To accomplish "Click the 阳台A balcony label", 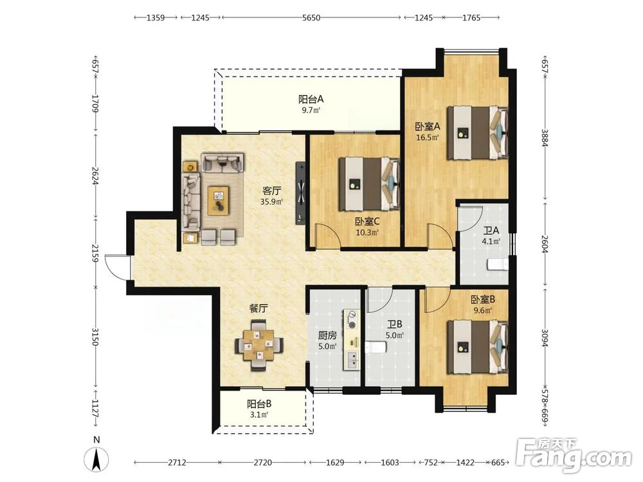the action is pyautogui.click(x=311, y=99).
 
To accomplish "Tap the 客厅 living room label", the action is pyautogui.click(x=271, y=191).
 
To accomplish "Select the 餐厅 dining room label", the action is pyautogui.click(x=258, y=308).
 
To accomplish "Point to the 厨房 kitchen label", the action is pyautogui.click(x=327, y=335).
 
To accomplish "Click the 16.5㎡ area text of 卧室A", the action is pyautogui.click(x=428, y=138).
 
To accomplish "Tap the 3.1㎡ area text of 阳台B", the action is pyautogui.click(x=258, y=415).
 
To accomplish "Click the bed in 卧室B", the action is pyautogui.click(x=478, y=348).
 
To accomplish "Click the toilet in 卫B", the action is pyautogui.click(x=375, y=347).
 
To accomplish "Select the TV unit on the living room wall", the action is pyautogui.click(x=301, y=193).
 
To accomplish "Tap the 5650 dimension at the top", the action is pyautogui.click(x=311, y=17).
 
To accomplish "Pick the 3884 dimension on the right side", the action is pyautogui.click(x=545, y=138).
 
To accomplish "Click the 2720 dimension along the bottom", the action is pyautogui.click(x=262, y=463).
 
